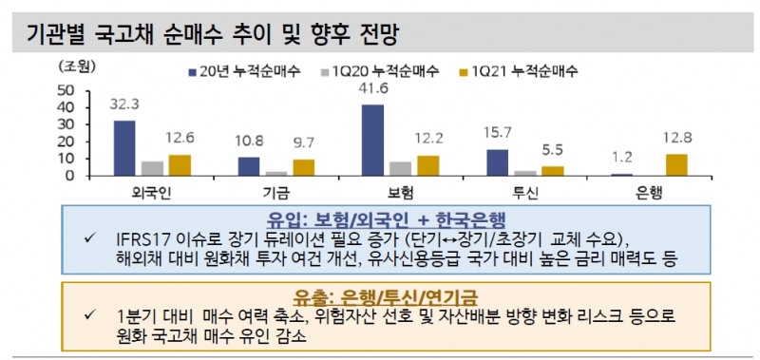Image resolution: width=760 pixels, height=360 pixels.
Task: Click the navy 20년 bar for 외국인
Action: tap(124, 148)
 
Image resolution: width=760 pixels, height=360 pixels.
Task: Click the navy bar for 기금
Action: tap(249, 166)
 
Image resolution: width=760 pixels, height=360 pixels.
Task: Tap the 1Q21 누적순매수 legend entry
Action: tap(520, 70)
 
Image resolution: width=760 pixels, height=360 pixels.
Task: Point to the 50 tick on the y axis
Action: tap(66, 90)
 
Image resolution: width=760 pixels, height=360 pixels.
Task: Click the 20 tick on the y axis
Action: tap(66, 142)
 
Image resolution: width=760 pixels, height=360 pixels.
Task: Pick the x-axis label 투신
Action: tap(525, 191)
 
